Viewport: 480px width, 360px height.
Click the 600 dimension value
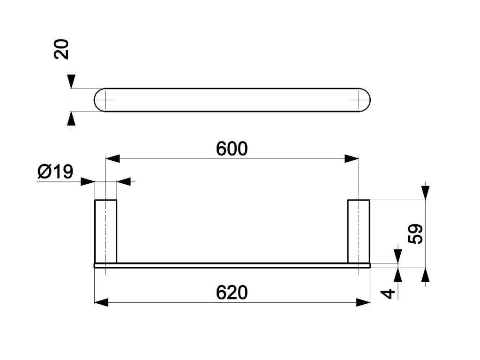point(232,149)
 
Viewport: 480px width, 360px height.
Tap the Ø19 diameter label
point(55,172)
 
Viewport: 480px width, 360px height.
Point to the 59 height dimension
point(416,233)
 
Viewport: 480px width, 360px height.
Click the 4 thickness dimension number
point(389,293)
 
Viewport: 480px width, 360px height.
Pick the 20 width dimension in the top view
point(61,49)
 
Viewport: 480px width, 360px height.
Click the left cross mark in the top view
point(107,99)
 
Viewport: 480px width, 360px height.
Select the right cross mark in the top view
point(359,99)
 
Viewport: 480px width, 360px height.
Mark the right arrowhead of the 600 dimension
point(352,158)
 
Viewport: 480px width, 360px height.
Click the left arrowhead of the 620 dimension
point(101,302)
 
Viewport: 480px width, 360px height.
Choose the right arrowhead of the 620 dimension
point(363,302)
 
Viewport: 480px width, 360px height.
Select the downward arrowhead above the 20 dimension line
point(71,82)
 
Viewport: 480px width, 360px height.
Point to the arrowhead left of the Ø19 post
point(88,181)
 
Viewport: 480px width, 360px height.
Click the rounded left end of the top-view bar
point(98,99)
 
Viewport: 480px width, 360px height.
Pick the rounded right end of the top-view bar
point(368,99)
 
